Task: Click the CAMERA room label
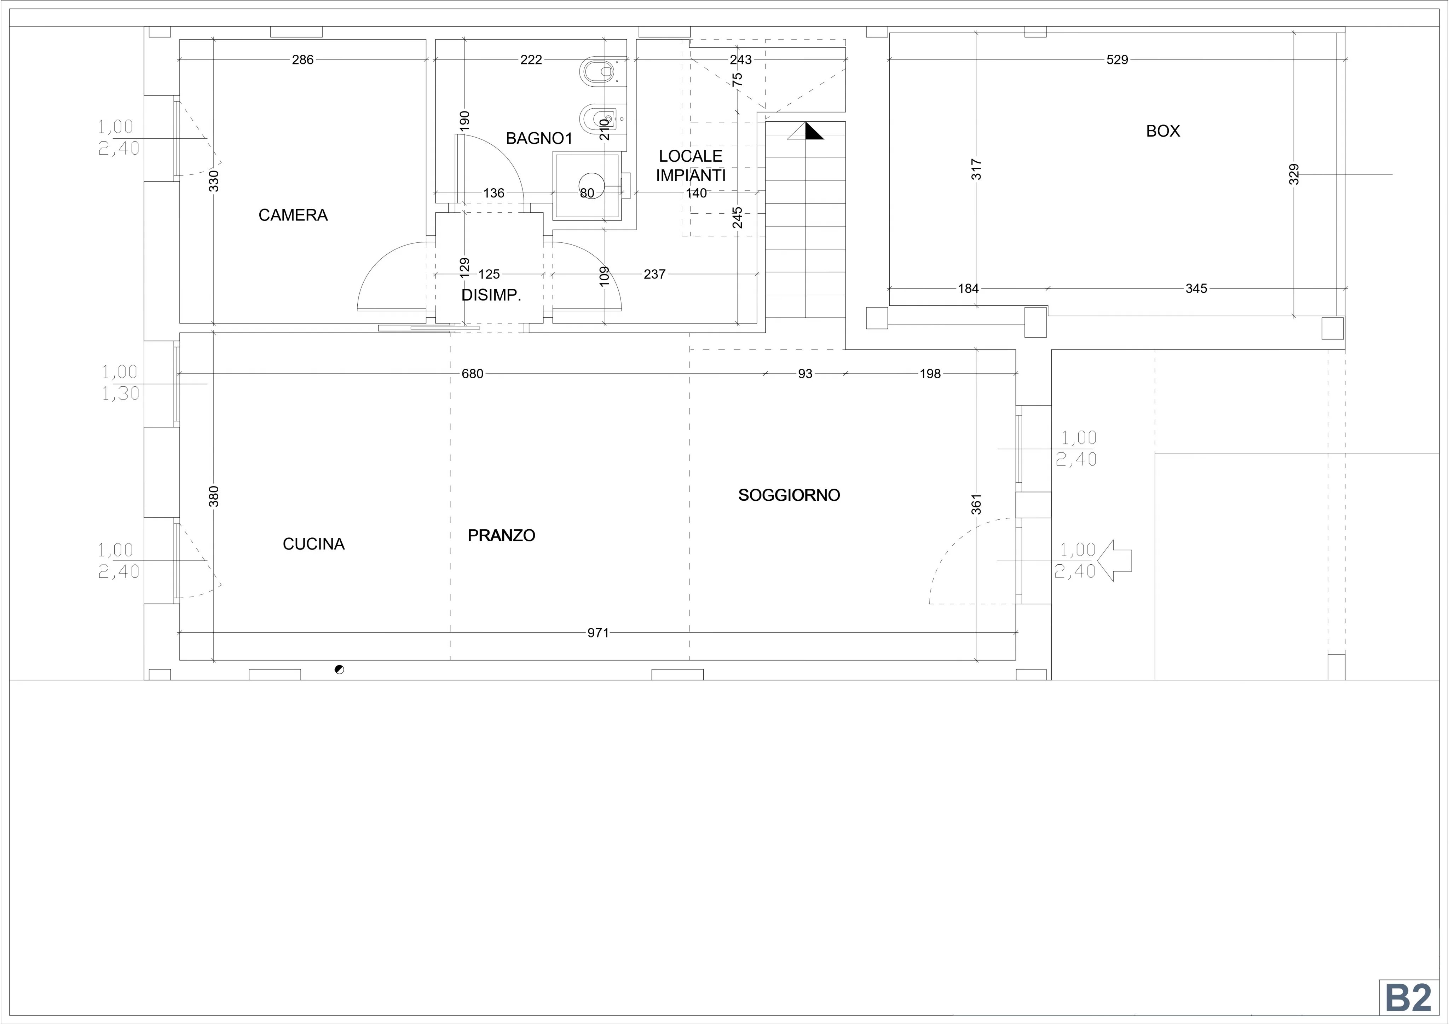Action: [x=293, y=215]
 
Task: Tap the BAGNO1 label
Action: [x=539, y=138]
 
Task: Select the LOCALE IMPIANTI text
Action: [x=691, y=165]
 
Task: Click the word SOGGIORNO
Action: [x=789, y=495]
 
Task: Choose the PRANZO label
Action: [x=501, y=535]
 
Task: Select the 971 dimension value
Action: [x=598, y=633]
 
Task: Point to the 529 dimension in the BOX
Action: [x=1117, y=60]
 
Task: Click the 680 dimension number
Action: [x=472, y=374]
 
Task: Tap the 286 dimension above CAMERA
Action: [x=302, y=60]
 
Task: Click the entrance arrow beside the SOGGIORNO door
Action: [x=1114, y=560]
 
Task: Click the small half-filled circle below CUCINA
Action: [x=340, y=669]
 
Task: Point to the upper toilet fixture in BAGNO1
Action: [x=597, y=72]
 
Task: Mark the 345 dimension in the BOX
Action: [x=1196, y=288]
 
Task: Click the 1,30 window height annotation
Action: [x=121, y=393]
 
